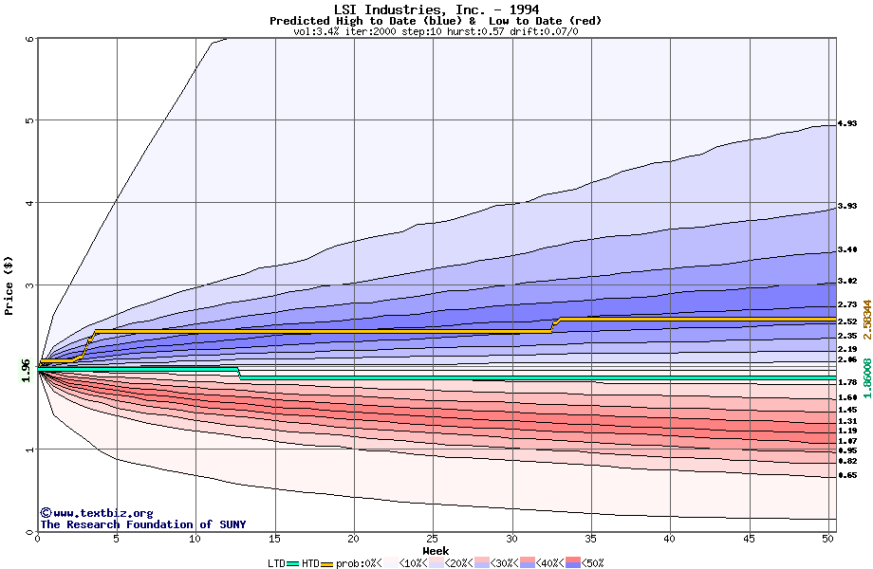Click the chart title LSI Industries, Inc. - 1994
pos(436,9)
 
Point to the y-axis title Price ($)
pos(9,284)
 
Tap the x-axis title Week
pos(436,550)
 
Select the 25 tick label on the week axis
pos(433,539)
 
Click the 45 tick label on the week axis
pos(749,539)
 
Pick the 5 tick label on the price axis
pos(29,120)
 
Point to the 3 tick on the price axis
pos(29,284)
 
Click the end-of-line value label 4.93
pos(847,124)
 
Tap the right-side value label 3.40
pos(847,250)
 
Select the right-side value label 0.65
pos(847,475)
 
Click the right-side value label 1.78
pos(847,382)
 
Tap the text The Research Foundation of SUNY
pos(142,524)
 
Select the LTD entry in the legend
pos(278,563)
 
